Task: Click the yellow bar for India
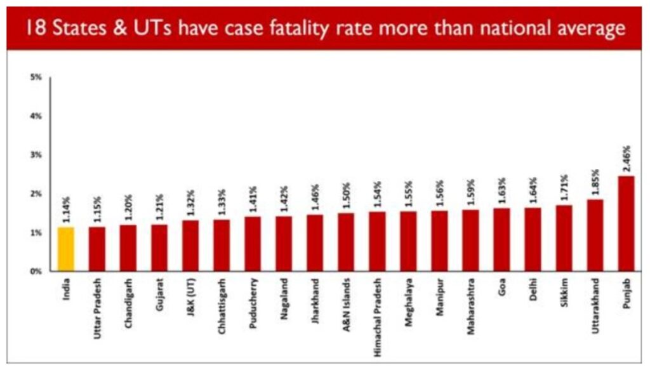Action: click(66, 249)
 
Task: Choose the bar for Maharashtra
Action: click(470, 241)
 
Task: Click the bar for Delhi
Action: click(533, 239)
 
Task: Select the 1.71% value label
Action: click(564, 190)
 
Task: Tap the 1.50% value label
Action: click(346, 198)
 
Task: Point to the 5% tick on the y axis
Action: click(36, 77)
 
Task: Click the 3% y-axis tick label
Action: click(36, 155)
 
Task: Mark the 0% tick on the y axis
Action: click(36, 271)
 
